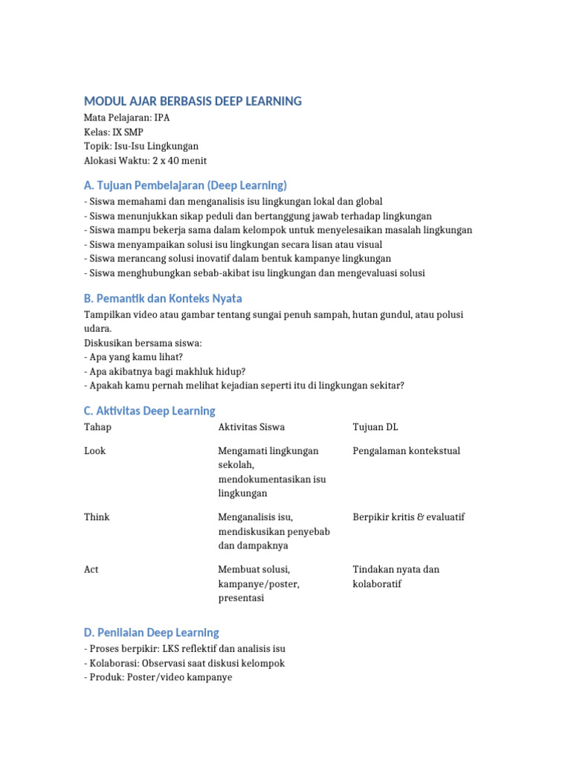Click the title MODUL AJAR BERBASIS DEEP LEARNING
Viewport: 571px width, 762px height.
(193, 101)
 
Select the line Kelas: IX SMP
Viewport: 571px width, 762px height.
(114, 132)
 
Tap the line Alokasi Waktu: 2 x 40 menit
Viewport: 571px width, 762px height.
(146, 160)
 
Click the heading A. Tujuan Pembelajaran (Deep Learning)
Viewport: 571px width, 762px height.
(185, 185)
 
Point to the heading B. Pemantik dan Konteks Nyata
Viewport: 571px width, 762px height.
(163, 298)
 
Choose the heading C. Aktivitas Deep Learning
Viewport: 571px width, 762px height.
(149, 411)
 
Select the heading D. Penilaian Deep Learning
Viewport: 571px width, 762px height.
(152, 633)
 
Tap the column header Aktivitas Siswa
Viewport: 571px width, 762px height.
(251, 427)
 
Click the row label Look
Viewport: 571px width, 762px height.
(95, 451)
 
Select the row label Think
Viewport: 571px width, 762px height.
(96, 517)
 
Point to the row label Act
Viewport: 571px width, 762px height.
(91, 569)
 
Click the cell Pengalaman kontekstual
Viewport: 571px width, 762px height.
(406, 451)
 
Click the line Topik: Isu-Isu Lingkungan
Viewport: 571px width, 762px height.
(141, 146)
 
